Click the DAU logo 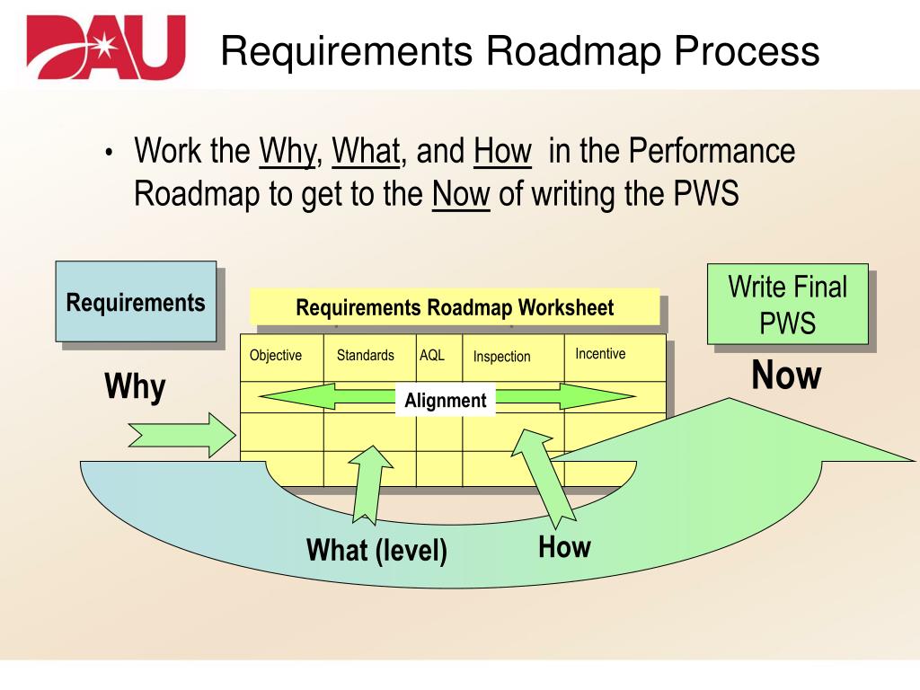coord(106,47)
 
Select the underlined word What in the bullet coord(366,151)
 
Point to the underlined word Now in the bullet coord(461,194)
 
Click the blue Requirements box coord(136,302)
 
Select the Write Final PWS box coord(787,304)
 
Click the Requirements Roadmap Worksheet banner coord(455,308)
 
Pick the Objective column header coord(276,355)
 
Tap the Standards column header coord(366,355)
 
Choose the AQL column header coord(432,355)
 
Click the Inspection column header coord(502,357)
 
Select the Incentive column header coord(600,354)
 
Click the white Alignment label coord(446,401)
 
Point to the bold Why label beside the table coord(135,388)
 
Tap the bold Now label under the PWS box coord(786,376)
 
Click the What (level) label coord(376,549)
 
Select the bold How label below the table coord(564,546)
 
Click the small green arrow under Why coord(181,435)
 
